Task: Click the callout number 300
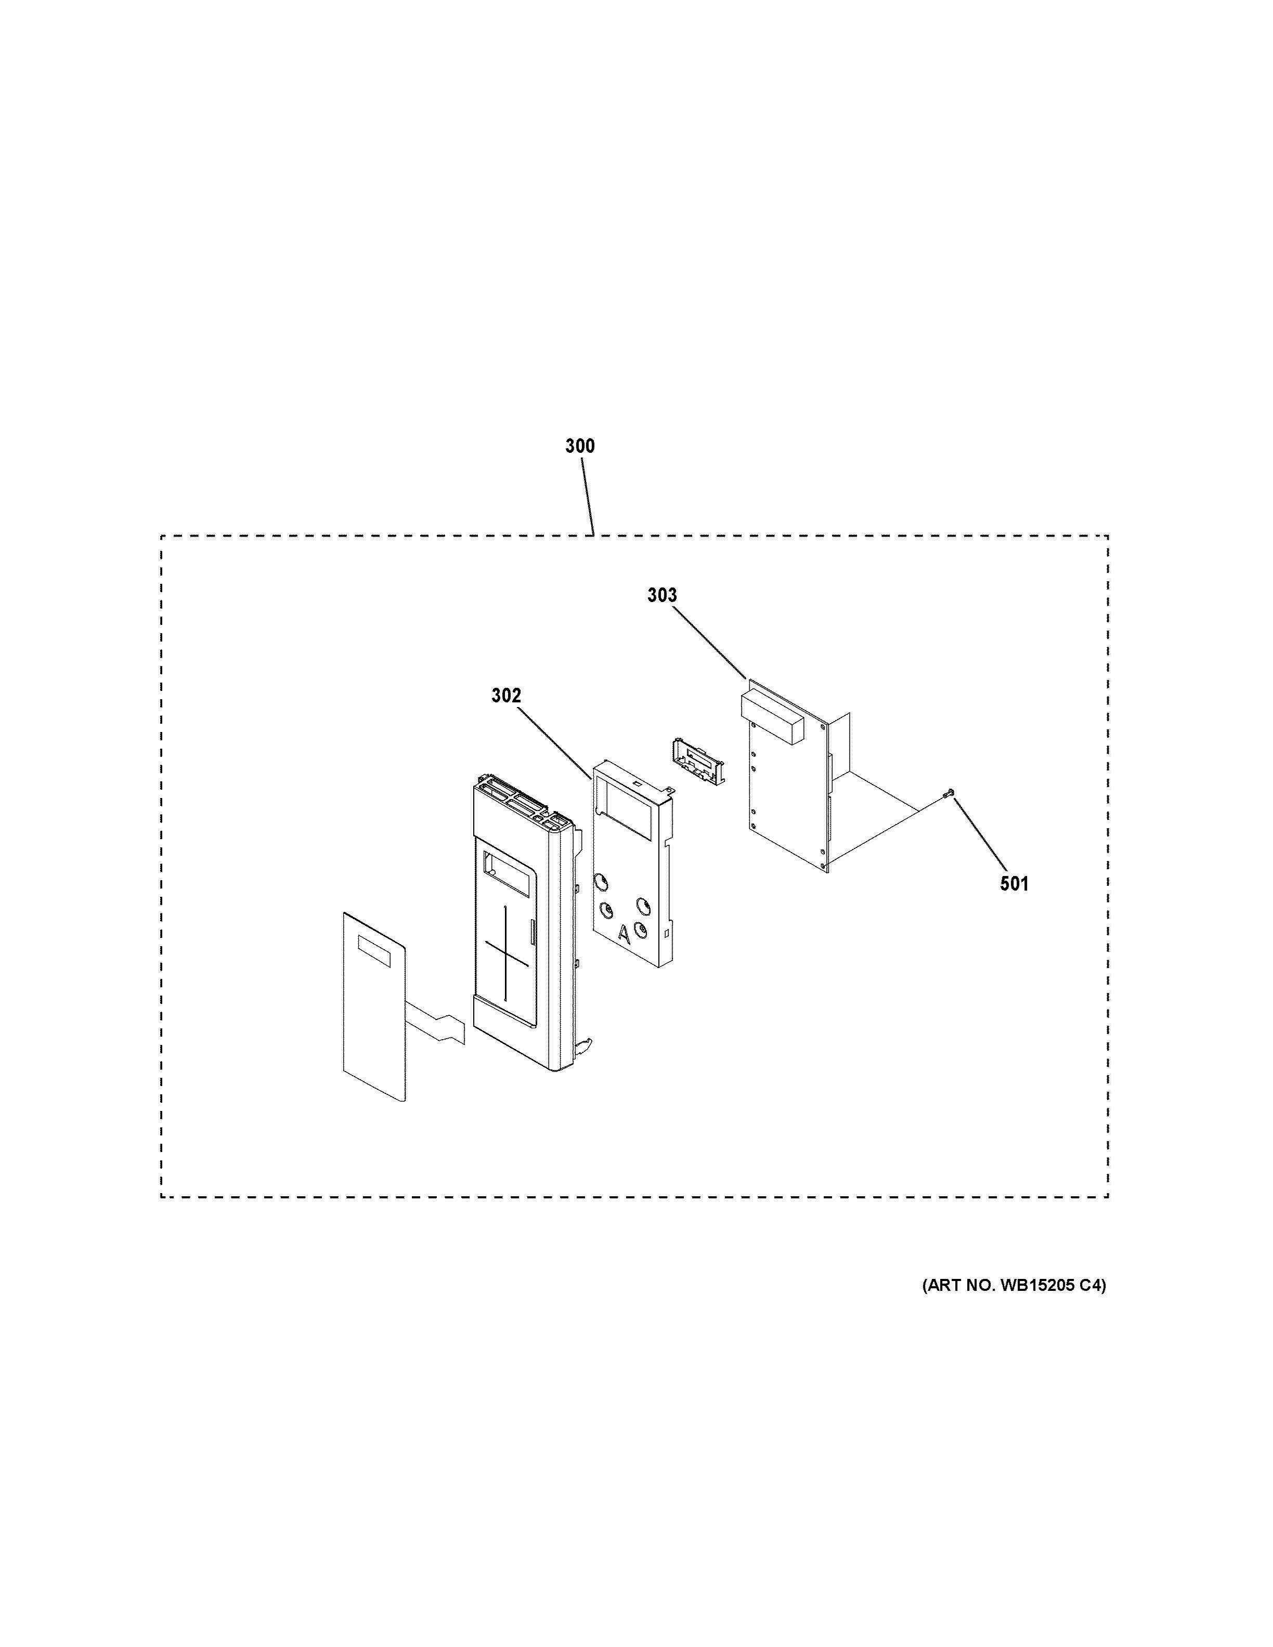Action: [x=580, y=447]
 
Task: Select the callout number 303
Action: [x=662, y=596]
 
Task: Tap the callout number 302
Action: [x=506, y=696]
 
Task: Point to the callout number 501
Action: [x=1015, y=884]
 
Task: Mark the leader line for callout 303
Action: [x=707, y=643]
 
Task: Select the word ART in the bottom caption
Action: [x=944, y=1287]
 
